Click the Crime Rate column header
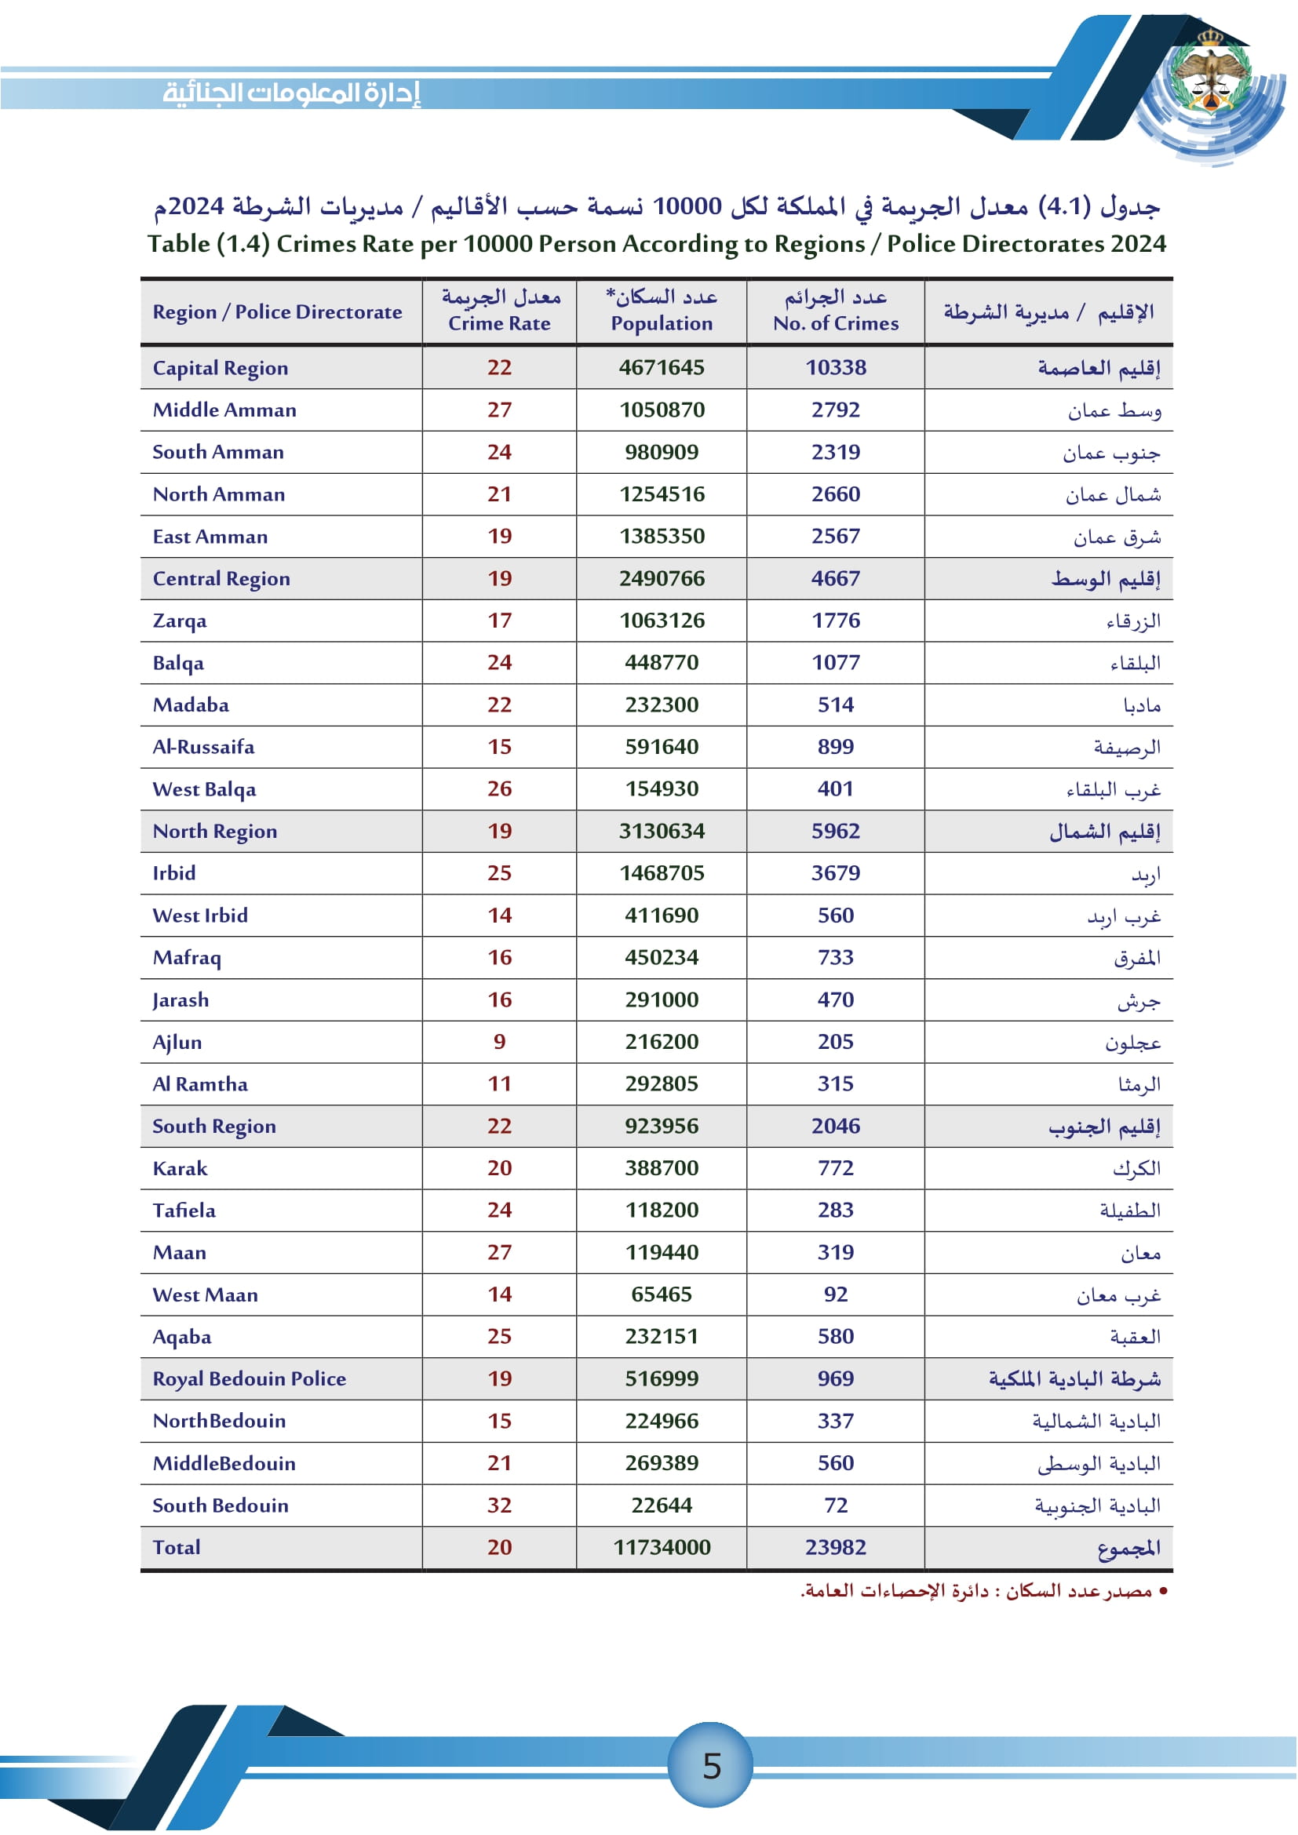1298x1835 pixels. tap(500, 311)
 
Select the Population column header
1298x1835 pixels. tap(662, 311)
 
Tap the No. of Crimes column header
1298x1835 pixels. tap(835, 311)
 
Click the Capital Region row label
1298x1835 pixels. tap(221, 368)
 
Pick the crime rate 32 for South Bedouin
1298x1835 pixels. tap(500, 1505)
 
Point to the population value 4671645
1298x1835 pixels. tap(662, 368)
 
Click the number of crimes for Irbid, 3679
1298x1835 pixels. tap(835, 872)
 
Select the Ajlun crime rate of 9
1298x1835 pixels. tap(500, 1041)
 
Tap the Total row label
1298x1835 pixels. tap(177, 1547)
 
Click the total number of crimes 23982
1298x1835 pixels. tap(835, 1547)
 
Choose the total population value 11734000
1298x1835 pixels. tap(662, 1547)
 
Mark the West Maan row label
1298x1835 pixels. tap(206, 1294)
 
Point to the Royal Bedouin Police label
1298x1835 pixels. tap(250, 1378)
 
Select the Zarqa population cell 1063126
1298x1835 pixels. tap(662, 621)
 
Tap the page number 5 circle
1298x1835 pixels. tap(711, 1765)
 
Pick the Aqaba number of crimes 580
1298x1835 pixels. tap(835, 1336)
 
